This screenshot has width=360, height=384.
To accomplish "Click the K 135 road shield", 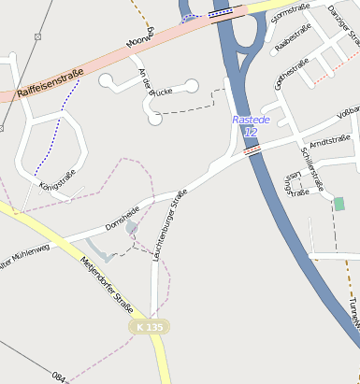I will coord(148,327).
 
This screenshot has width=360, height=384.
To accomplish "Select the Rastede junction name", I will coord(250,120).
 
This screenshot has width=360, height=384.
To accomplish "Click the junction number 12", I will coord(250,132).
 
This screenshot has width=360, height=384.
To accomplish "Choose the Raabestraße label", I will coord(297,43).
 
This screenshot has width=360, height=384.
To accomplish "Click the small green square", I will coord(338,204).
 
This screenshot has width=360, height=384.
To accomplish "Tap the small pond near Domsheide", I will coord(132,227).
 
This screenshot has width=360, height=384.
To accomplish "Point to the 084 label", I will coord(59,377).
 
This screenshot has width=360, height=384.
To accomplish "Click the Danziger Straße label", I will coord(344,24).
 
